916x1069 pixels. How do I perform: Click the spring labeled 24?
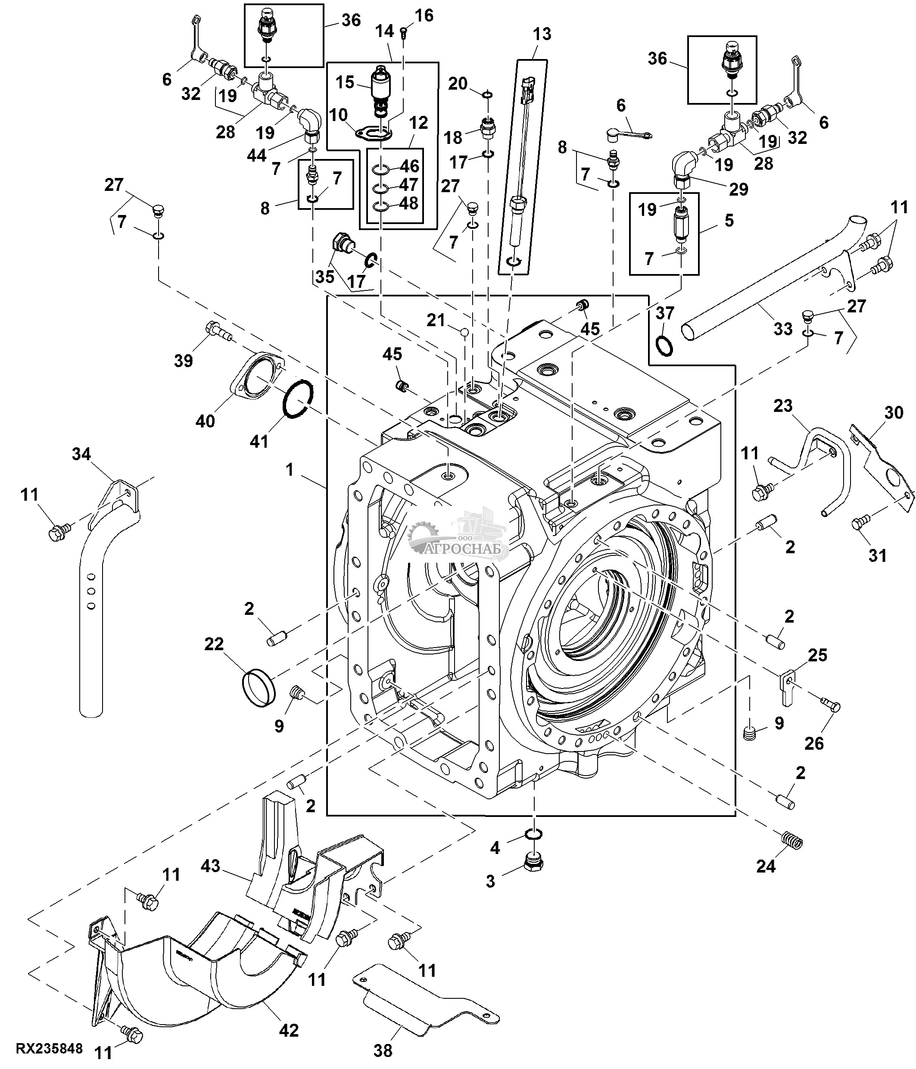(x=793, y=842)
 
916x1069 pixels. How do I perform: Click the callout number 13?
(x=542, y=34)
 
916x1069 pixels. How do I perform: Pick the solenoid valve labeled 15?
(x=382, y=88)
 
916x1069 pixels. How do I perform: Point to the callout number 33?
(x=783, y=329)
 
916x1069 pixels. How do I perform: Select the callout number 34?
(x=81, y=454)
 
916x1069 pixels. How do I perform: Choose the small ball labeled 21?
(x=465, y=332)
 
